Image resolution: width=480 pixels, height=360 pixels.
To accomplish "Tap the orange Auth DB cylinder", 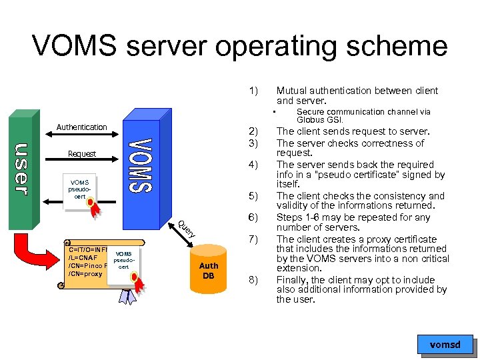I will (209, 269).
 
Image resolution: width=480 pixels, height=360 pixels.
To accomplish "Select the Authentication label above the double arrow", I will (81, 127).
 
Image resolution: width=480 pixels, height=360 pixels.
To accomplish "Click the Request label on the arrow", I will (82, 154).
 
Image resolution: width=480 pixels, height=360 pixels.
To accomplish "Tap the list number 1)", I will (253, 90).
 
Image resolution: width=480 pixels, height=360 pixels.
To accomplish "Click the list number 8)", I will (253, 280).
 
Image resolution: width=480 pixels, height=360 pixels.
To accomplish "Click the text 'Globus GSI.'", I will (320, 120).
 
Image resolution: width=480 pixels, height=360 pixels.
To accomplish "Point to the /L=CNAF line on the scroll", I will (83, 257).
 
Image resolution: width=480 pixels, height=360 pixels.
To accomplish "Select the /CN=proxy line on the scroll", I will (86, 274).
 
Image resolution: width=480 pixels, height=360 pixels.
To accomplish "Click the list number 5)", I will (253, 196).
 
